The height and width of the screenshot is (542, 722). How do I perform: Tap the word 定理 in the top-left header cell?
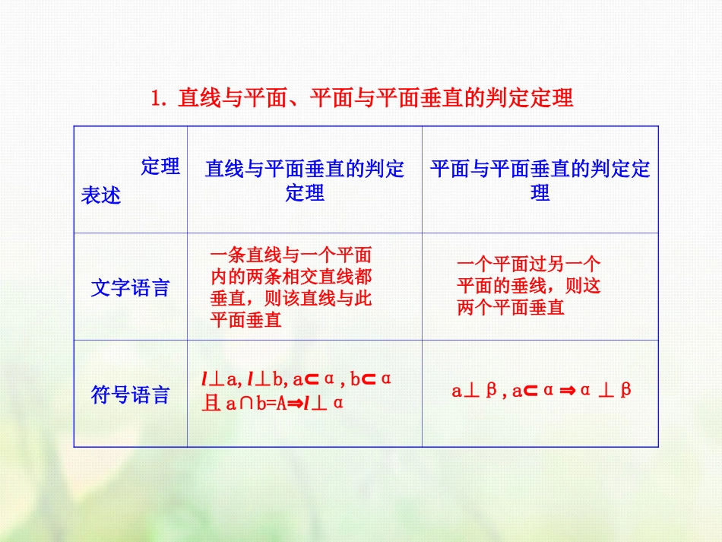coord(160,167)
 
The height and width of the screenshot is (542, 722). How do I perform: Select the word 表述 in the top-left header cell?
coord(101,195)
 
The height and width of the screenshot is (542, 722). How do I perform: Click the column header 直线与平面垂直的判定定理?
coord(305,180)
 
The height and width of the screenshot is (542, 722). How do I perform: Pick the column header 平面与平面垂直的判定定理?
coord(540,180)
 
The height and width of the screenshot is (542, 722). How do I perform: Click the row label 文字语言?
coord(130,288)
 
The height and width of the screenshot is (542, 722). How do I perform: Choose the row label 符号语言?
coord(130,395)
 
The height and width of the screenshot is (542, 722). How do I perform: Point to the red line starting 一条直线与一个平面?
coord(290,255)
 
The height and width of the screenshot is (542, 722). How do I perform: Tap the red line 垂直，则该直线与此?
coord(290,299)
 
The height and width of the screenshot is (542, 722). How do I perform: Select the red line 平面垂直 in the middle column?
coord(245,321)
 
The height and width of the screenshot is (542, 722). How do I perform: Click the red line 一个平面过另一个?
coord(529,265)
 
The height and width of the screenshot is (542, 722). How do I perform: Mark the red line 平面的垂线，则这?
coord(529,287)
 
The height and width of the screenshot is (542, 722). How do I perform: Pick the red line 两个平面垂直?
coord(511,308)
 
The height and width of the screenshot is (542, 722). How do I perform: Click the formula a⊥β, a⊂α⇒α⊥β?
coord(541,391)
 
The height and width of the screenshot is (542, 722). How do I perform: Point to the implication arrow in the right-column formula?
coord(567,391)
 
